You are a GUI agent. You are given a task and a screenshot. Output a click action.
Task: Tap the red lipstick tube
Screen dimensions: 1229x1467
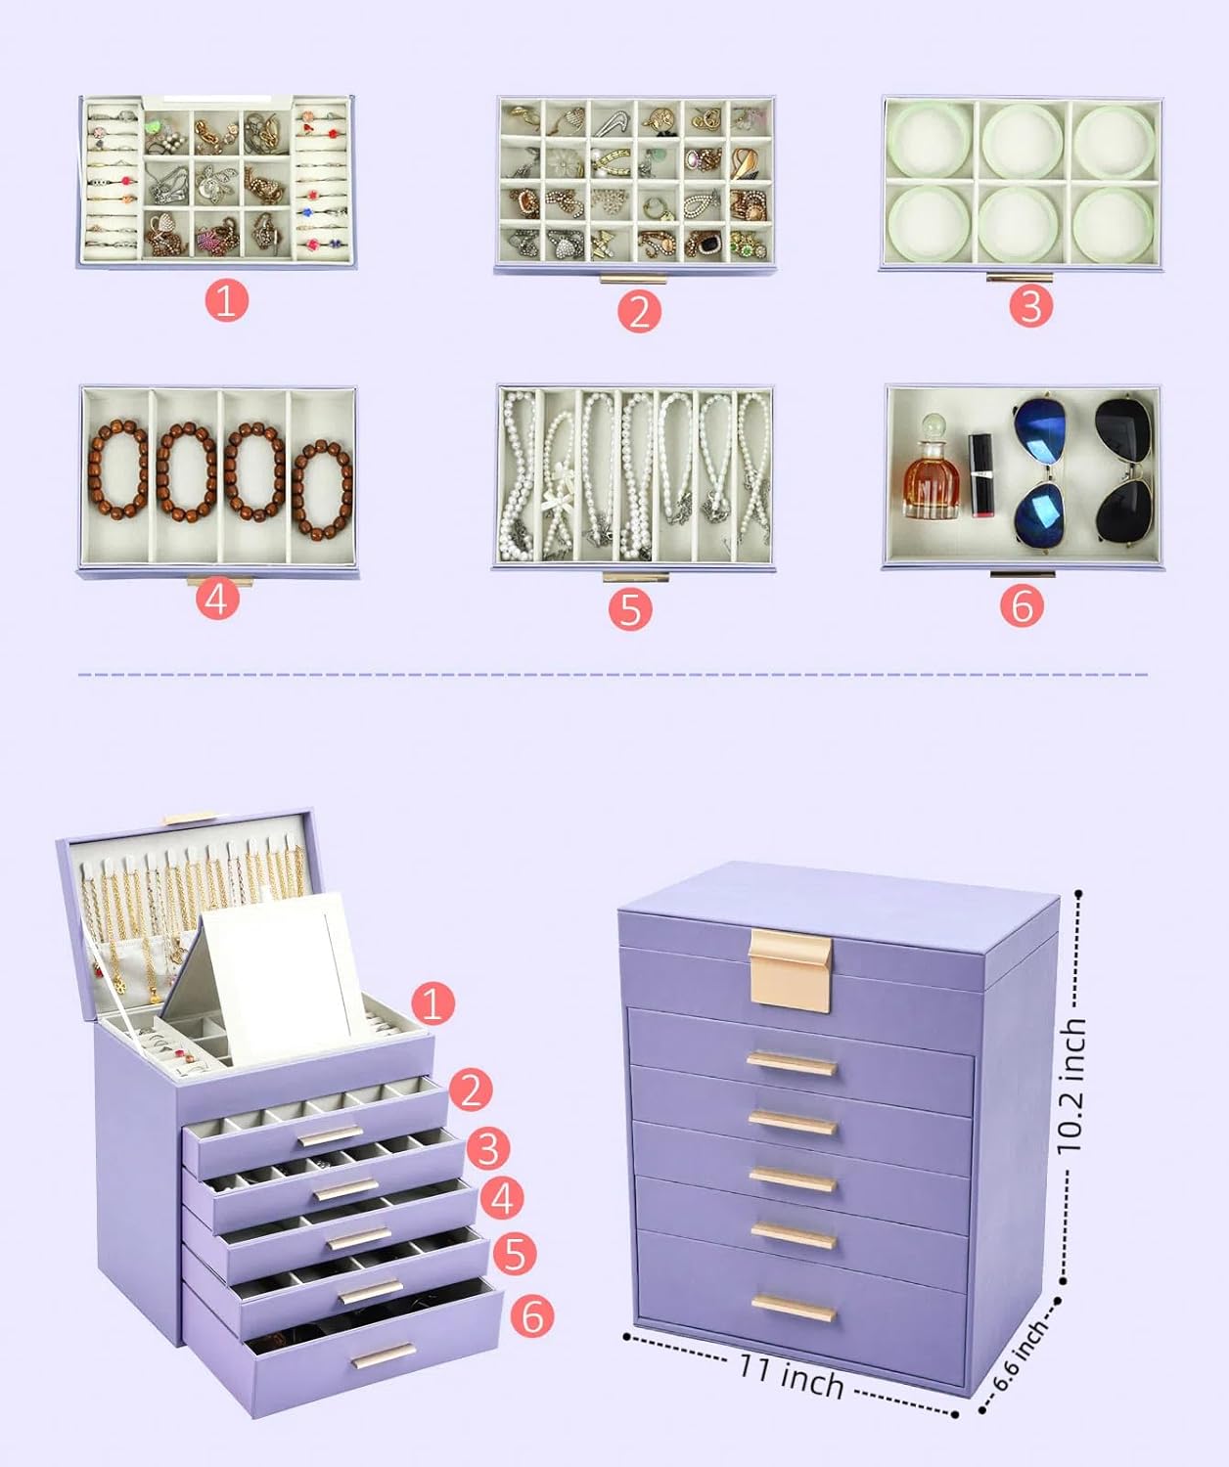(x=980, y=475)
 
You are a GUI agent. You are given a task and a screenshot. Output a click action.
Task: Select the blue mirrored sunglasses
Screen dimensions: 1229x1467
(x=1040, y=471)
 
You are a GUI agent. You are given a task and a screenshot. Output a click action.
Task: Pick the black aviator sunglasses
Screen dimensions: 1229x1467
(x=1124, y=469)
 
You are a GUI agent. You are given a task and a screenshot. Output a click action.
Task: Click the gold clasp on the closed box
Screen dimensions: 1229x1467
(x=790, y=970)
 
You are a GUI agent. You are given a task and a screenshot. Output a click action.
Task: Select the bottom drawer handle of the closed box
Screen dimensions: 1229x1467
(x=794, y=1309)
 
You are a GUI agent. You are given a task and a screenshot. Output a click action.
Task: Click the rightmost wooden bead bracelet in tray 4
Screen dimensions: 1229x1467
(x=322, y=490)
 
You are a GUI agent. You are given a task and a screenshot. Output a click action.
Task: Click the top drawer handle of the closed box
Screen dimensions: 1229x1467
(x=792, y=1064)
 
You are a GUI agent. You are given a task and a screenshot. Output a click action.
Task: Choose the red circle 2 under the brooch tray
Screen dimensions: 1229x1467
(x=639, y=311)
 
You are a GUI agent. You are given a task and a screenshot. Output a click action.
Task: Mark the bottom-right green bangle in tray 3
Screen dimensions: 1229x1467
(x=1113, y=224)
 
